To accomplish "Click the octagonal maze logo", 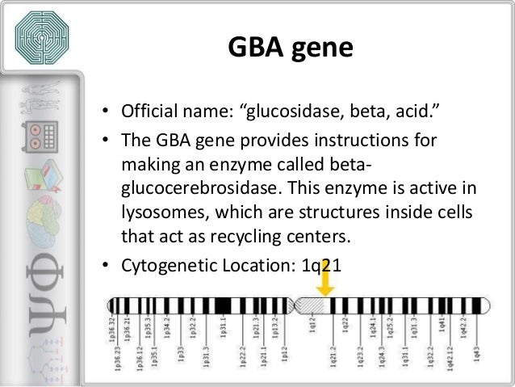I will [x=42, y=40].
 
